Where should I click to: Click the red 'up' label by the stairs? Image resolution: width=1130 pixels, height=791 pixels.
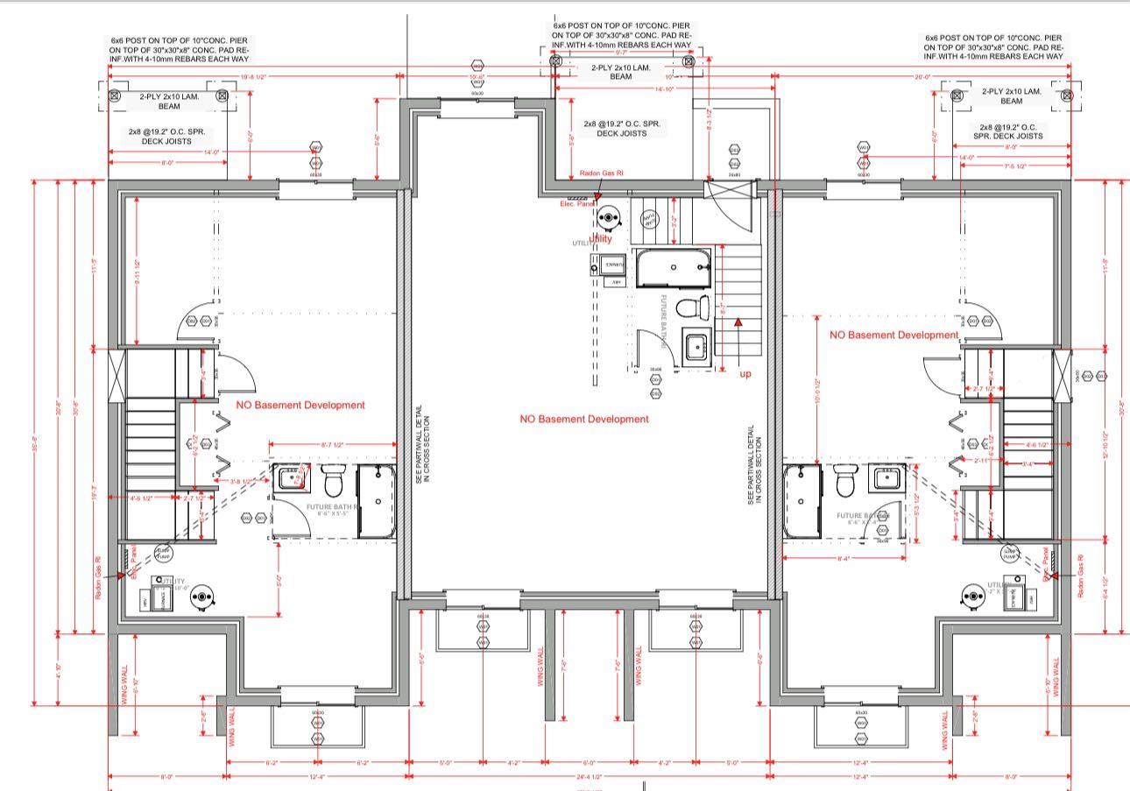[745, 374]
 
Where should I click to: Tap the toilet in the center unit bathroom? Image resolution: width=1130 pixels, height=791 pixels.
[699, 307]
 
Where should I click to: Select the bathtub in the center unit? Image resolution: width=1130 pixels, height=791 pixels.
[673, 269]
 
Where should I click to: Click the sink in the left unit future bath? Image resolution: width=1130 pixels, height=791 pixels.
[290, 480]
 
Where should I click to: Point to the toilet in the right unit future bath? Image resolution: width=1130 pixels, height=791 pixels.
[844, 482]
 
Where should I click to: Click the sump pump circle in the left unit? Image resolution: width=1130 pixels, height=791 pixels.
[163, 552]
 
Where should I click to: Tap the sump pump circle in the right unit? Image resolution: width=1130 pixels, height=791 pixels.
[1010, 554]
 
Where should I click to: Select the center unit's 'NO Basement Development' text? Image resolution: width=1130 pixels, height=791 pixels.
[584, 420]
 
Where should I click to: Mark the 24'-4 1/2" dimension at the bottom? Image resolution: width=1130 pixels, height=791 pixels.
[589, 776]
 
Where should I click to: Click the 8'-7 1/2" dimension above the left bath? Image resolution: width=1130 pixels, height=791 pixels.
[337, 446]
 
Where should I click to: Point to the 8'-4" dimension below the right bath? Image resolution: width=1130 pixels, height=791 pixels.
[844, 557]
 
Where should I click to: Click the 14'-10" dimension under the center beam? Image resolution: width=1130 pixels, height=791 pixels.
[664, 88]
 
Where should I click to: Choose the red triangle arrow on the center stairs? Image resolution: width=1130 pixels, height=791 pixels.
[738, 322]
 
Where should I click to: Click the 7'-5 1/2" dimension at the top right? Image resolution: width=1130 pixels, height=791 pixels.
[1015, 166]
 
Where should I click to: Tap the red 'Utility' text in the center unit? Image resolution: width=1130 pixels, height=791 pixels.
[601, 238]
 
